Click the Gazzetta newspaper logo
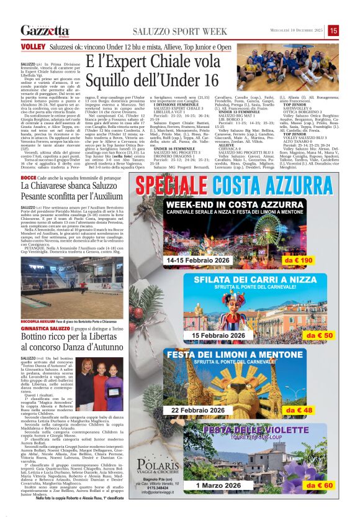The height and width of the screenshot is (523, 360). (x=44, y=30)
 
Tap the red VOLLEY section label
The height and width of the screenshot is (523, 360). (x=29, y=47)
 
